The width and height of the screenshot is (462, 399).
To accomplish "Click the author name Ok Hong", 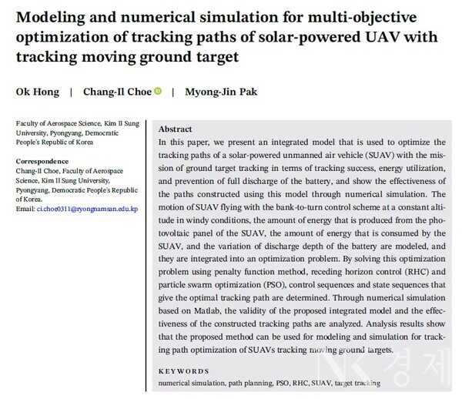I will [x=36, y=92].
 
